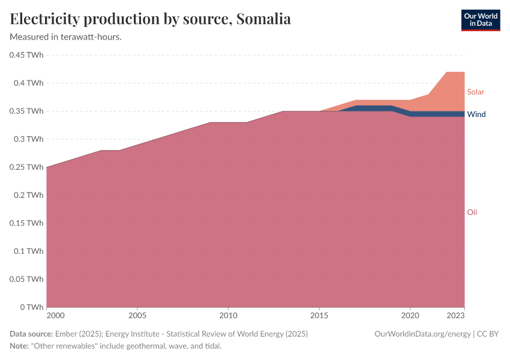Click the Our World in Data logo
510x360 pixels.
pos(480,20)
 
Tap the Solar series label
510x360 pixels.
pos(475,92)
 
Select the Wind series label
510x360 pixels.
pos(476,114)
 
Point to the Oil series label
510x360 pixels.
pos(472,212)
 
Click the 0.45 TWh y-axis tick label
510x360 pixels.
pos(26,55)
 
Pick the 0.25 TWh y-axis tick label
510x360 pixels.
pos(26,167)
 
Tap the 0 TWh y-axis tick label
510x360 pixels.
pos(31,307)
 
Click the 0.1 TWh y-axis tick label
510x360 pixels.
pos(29,251)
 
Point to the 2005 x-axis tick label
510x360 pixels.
pos(137,315)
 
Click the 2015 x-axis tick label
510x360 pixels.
pos(319,315)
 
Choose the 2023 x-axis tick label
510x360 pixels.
pos(456,315)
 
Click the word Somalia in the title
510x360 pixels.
pos(263,19)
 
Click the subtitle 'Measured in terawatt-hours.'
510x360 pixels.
pos(66,37)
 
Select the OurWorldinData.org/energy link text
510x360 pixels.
pos(421,334)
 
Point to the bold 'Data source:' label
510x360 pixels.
pos(31,334)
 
